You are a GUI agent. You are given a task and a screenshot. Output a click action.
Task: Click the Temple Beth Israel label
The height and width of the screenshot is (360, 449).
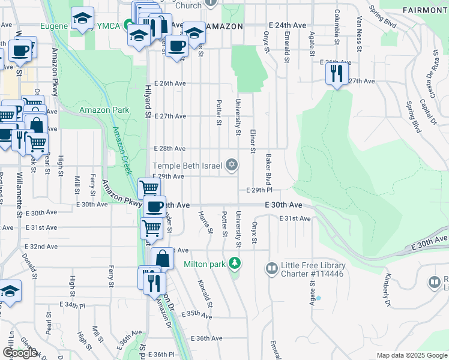(187, 166)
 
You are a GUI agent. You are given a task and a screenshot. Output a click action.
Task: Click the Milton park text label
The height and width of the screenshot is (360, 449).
(205, 263)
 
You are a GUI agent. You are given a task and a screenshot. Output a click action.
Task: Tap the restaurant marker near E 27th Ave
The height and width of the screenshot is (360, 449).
(336, 74)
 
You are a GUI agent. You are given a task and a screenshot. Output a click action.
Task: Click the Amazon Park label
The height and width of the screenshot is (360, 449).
(96, 110)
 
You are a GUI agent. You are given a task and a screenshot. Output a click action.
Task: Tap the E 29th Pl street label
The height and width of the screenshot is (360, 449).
(260, 190)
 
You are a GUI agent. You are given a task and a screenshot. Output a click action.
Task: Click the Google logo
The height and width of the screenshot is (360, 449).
(20, 353)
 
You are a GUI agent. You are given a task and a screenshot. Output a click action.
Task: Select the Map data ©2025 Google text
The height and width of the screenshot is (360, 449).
(412, 355)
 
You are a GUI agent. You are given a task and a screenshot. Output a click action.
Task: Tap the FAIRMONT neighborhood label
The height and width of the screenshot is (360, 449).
(424, 10)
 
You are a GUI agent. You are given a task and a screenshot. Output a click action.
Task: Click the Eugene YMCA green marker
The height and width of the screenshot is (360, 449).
(128, 26)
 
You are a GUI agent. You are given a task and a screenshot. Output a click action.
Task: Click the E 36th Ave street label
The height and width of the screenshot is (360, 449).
(207, 338)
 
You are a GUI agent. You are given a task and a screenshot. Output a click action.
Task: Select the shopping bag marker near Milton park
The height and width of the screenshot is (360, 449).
(162, 259)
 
